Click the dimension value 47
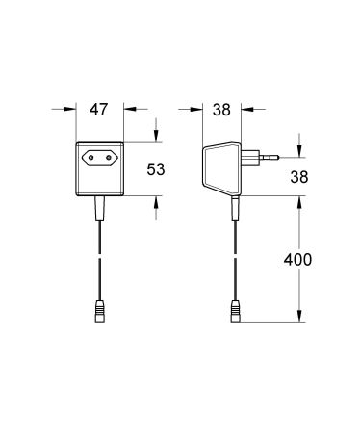coord(98,110)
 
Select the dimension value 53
coord(156,169)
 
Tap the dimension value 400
coord(297,259)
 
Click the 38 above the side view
coord(221,110)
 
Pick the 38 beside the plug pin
coord(299,177)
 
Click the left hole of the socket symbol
coord(91,158)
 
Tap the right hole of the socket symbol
coord(109,158)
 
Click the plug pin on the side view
coord(269,157)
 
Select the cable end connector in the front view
coord(100,311)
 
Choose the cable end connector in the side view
coord(236,311)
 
